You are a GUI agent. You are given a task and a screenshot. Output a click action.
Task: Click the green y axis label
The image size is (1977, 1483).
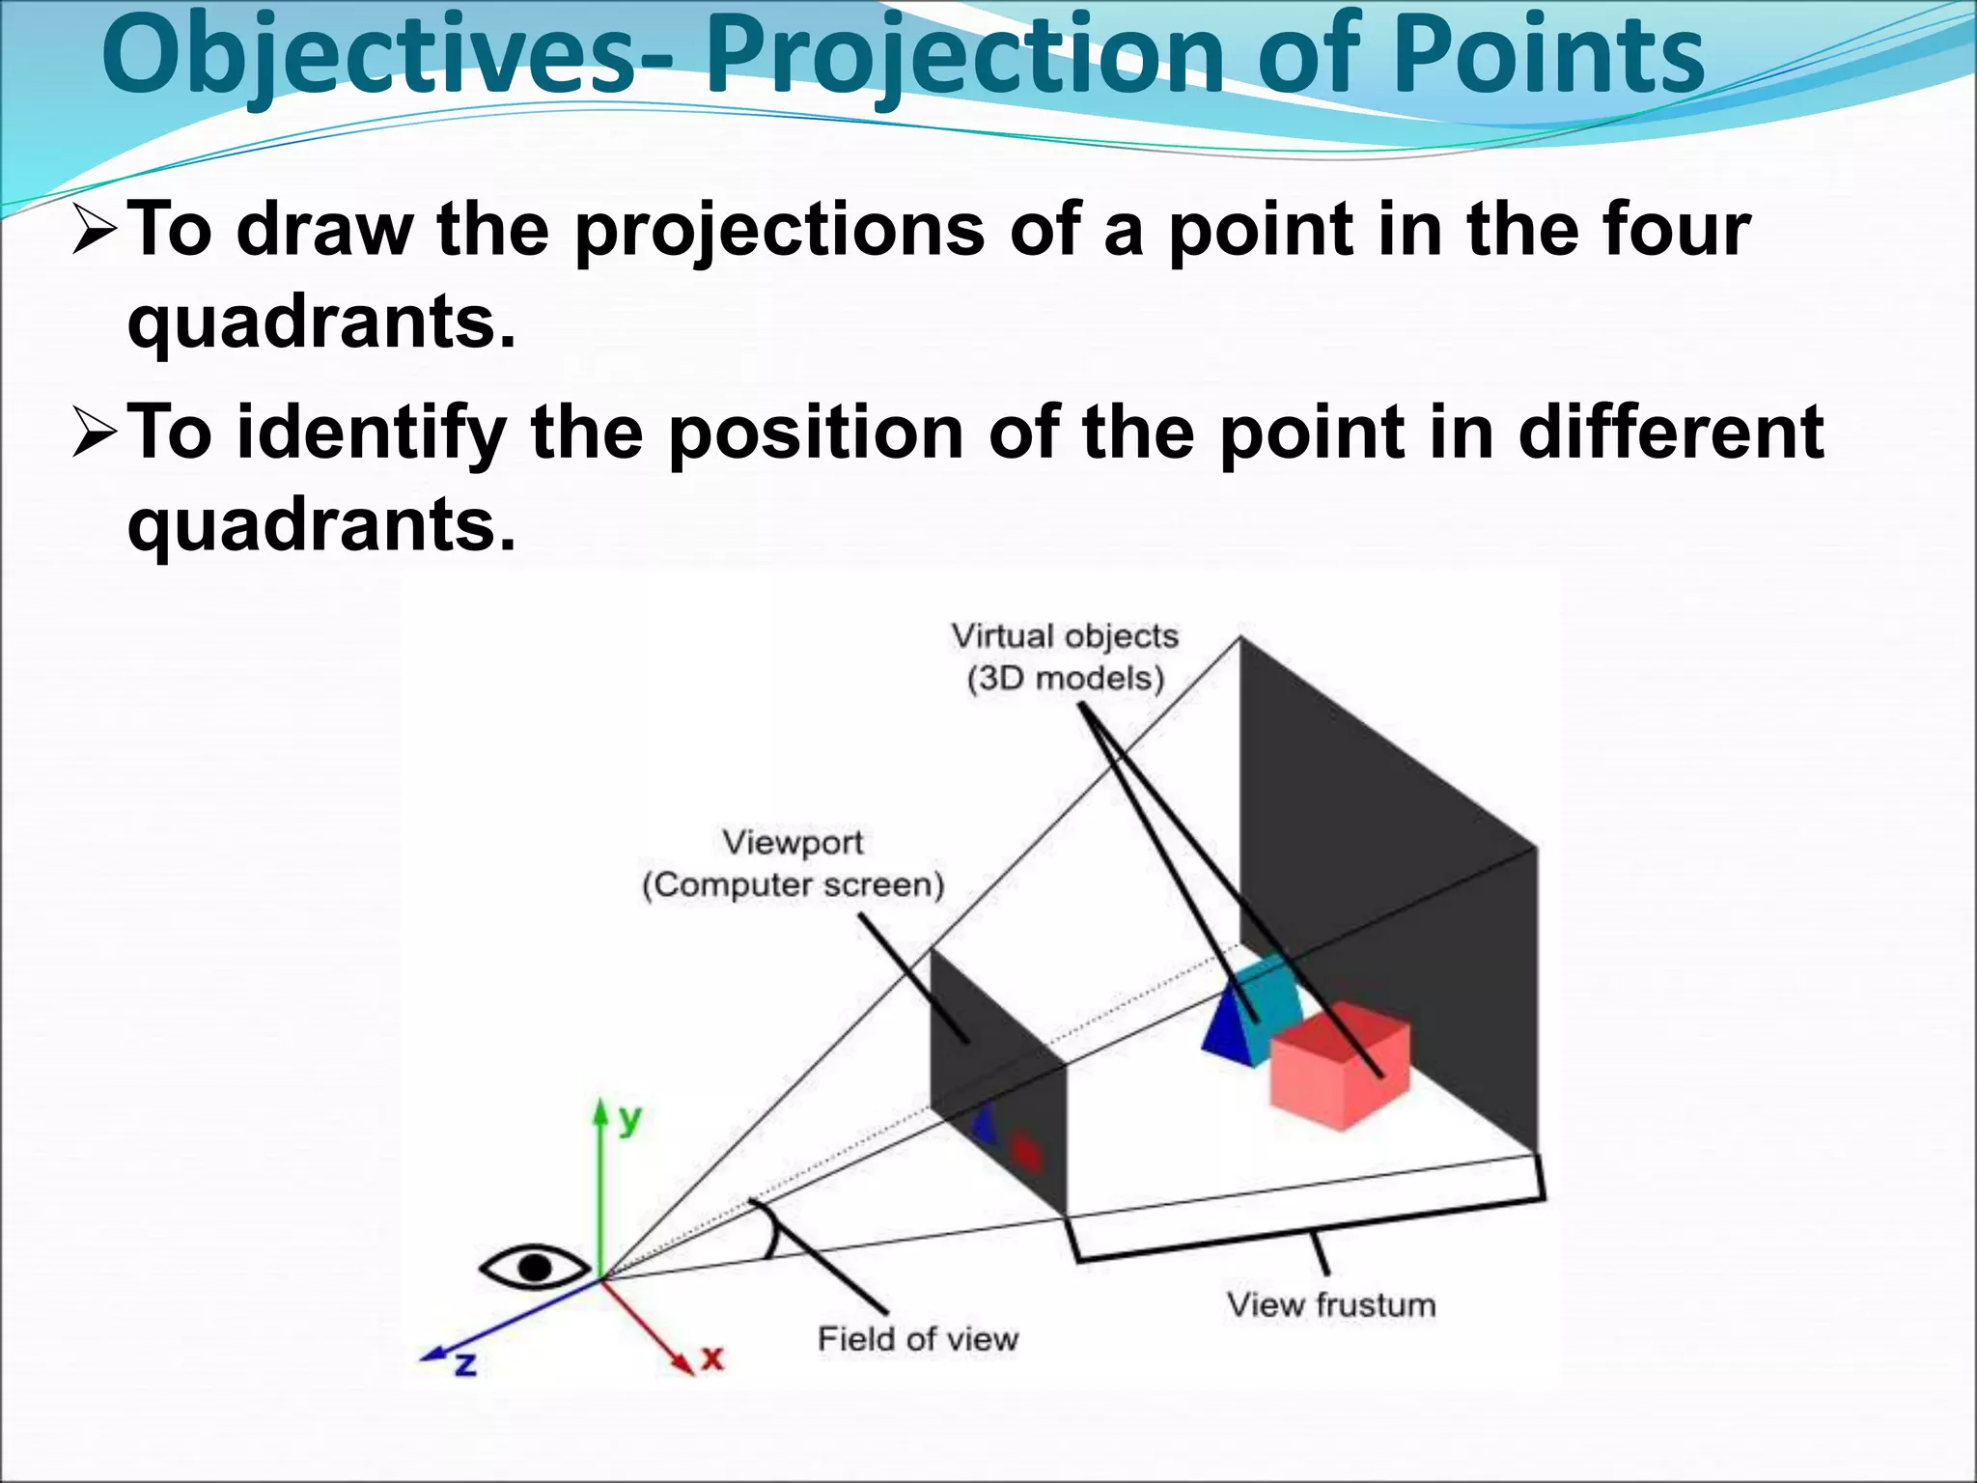629,1120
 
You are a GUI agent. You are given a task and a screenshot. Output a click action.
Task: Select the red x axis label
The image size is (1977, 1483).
712,1358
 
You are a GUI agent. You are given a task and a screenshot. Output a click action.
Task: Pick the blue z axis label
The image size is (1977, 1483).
465,1364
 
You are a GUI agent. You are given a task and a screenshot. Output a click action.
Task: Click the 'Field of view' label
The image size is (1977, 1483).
917,1339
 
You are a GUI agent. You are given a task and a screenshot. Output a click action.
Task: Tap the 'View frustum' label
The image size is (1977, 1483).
1330,1305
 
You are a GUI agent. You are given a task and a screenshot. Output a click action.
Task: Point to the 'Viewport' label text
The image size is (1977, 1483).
793,843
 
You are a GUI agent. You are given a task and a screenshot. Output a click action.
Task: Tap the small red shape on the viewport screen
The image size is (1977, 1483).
1025,1152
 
